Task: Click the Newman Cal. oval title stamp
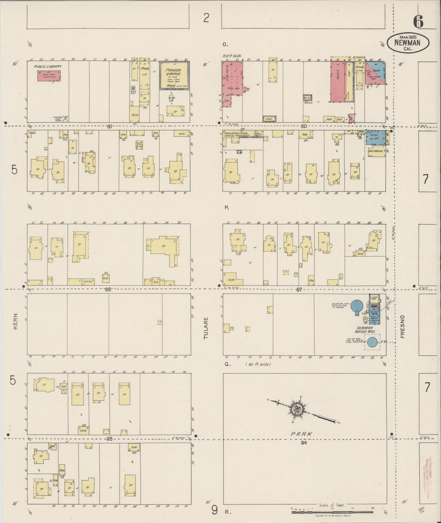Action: (x=408, y=43)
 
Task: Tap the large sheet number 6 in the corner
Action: (x=418, y=21)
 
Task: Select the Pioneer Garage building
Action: (x=174, y=75)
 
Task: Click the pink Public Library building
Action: (x=49, y=76)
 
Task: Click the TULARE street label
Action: (x=206, y=328)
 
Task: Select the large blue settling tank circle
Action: (x=356, y=305)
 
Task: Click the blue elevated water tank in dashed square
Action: (x=372, y=342)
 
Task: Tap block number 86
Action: (x=108, y=290)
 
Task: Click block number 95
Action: (x=109, y=439)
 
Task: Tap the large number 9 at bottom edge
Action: (x=215, y=510)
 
